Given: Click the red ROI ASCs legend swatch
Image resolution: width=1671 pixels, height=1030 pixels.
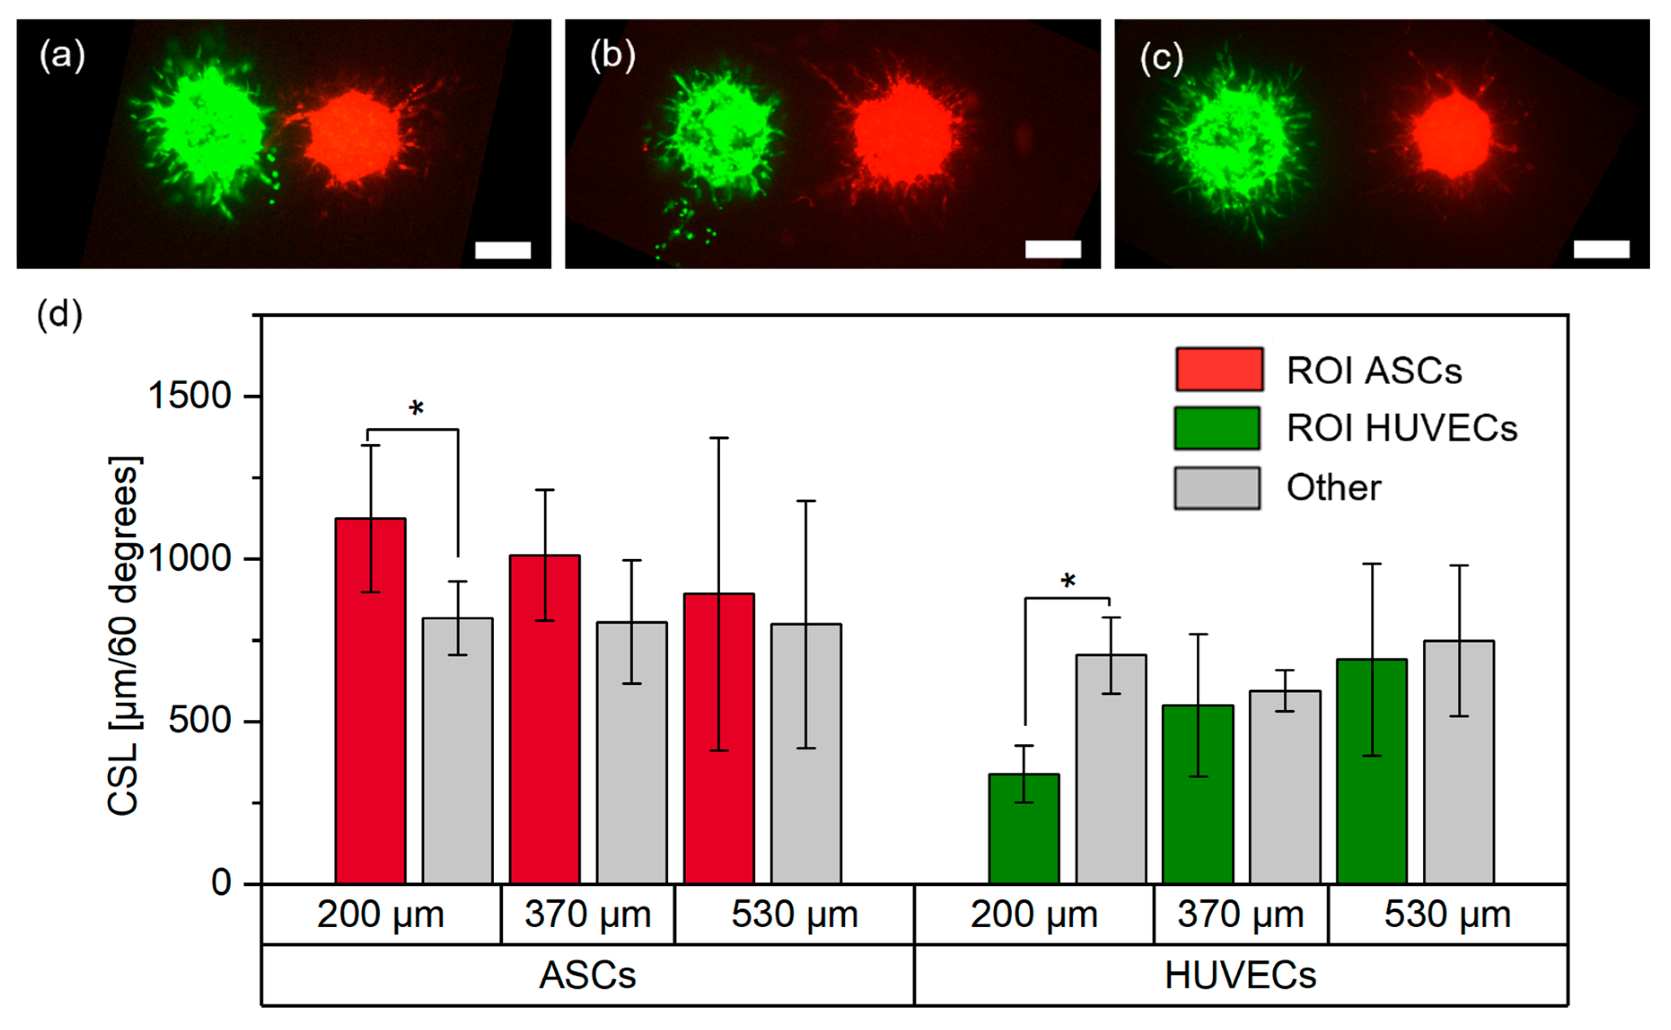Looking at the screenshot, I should click(1219, 369).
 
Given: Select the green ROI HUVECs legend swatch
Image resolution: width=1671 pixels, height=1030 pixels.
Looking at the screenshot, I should click(1217, 428).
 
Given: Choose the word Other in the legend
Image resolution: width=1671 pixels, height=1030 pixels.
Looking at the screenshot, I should click(1333, 488).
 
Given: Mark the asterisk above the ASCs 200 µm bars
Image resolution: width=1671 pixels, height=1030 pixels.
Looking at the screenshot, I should click(416, 409).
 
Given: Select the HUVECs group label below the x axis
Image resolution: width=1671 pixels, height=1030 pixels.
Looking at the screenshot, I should click(1240, 976).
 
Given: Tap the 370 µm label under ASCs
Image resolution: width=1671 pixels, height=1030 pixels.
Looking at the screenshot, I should click(587, 914).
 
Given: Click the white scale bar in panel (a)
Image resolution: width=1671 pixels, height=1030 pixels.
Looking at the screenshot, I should click(503, 250).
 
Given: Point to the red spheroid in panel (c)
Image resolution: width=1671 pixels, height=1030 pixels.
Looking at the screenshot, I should click(1452, 135).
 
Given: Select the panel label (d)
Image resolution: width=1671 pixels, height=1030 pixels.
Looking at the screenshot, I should click(60, 315).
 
